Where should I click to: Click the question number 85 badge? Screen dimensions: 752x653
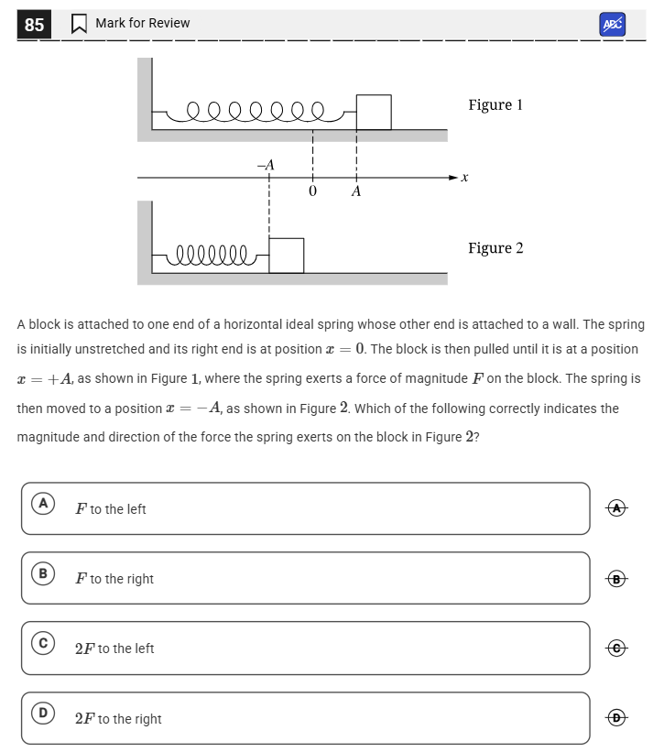click(x=34, y=25)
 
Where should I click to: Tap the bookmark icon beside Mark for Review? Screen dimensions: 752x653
click(x=79, y=24)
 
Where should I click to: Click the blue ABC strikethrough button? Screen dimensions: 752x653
click(x=612, y=25)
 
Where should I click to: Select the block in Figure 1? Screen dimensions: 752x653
click(x=373, y=112)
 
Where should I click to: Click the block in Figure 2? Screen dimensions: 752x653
click(x=286, y=255)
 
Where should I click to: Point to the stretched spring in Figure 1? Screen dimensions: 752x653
click(x=256, y=112)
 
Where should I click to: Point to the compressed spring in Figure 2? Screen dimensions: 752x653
click(x=212, y=254)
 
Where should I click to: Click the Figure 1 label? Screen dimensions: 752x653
click(x=495, y=104)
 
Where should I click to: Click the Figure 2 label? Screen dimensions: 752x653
click(x=495, y=248)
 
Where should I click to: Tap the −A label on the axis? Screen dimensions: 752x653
click(x=266, y=165)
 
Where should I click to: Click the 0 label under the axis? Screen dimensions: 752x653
click(x=312, y=191)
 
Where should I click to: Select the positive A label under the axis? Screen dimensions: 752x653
click(x=356, y=191)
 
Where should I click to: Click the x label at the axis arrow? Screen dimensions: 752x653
click(x=464, y=178)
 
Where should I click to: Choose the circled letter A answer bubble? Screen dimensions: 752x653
click(x=42, y=504)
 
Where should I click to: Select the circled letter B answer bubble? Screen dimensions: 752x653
click(x=42, y=573)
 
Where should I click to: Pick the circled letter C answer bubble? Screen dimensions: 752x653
click(x=42, y=643)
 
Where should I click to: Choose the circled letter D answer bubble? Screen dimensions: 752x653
click(x=42, y=713)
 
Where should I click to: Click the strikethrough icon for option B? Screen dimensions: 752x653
click(x=617, y=578)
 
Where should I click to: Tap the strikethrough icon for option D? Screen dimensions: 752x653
click(x=617, y=718)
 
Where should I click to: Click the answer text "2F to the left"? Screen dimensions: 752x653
click(x=114, y=648)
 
